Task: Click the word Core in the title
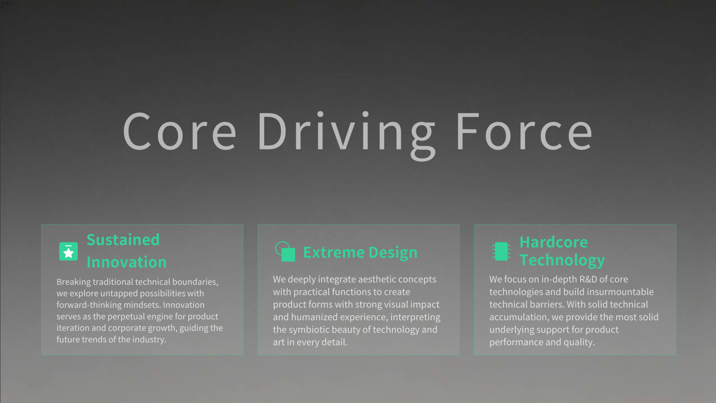tap(180, 131)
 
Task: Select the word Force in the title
tap(525, 131)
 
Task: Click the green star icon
tap(68, 251)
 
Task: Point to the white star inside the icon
tap(68, 253)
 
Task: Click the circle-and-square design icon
tap(285, 251)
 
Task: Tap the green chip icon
tap(501, 251)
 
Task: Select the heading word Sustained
tap(123, 239)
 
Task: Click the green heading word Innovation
tap(126, 262)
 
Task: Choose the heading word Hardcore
tap(554, 242)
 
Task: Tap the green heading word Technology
tap(562, 260)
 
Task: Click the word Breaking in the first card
tap(73, 282)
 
